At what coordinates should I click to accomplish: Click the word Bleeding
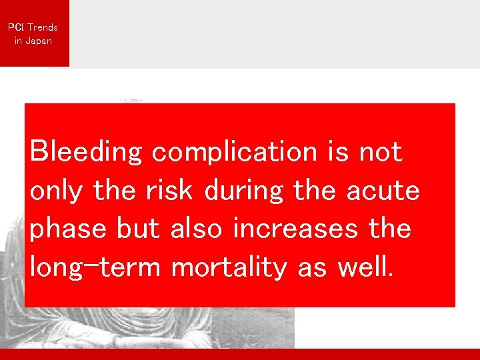click(x=86, y=153)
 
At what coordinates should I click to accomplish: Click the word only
click(x=57, y=191)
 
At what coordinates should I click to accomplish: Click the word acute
click(x=383, y=191)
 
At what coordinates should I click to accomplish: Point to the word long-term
click(x=95, y=268)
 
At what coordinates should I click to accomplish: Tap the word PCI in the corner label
click(x=15, y=27)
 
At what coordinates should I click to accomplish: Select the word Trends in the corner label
click(x=42, y=27)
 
